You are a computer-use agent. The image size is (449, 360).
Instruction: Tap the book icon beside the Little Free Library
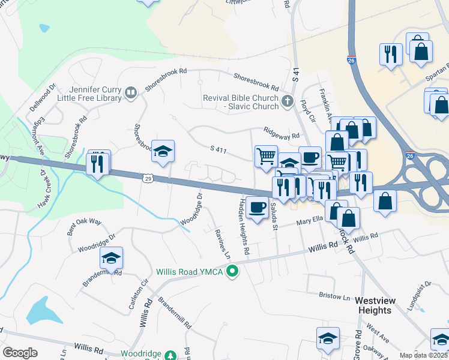130,92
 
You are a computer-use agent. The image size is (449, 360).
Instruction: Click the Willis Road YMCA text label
190,272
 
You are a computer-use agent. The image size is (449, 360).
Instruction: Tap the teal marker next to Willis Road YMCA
232,272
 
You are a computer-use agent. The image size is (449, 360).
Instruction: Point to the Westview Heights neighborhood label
373,305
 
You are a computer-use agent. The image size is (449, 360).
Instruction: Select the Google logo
20,352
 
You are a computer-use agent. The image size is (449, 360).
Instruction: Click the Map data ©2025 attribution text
423,355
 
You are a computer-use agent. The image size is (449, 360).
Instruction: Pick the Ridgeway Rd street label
280,133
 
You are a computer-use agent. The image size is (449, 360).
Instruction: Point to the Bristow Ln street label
334,296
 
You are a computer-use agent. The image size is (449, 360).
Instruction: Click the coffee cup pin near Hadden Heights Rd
257,207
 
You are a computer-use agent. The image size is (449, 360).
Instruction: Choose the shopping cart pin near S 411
266,156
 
